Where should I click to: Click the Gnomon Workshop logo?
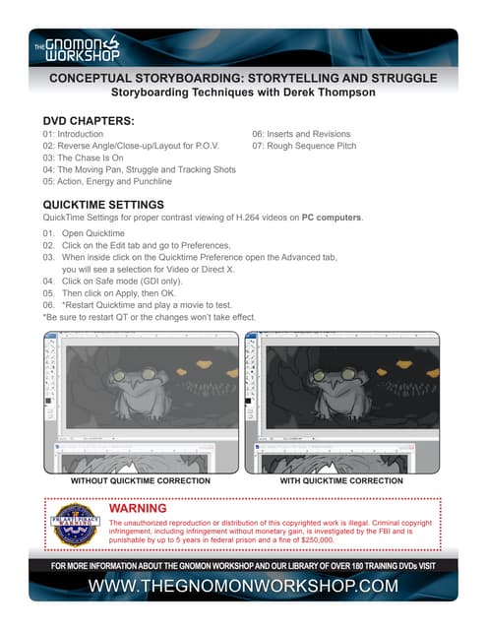pos(77,49)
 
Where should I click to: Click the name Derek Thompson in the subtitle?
pos(330,93)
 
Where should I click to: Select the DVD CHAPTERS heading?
pos(89,121)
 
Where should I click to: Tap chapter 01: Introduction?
pos(73,134)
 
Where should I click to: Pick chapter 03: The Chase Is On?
pos(83,157)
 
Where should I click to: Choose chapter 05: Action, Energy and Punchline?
pos(107,181)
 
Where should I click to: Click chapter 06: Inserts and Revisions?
pos(301,134)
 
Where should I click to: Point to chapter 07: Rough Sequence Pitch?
pos(304,146)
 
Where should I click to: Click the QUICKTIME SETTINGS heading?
pos(103,205)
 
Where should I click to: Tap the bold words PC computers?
pos(332,218)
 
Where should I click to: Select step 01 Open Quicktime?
pos(84,233)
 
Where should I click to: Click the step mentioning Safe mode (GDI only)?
pos(112,282)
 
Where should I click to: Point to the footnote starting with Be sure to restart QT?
pos(150,317)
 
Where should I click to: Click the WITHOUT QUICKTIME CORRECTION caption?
pos(141,481)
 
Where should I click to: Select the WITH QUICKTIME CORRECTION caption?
pos(341,481)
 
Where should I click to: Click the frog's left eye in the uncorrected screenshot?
pos(119,375)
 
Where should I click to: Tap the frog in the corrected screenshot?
pos(338,393)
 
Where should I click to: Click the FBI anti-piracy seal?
pos(75,525)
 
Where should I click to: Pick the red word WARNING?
pos(138,508)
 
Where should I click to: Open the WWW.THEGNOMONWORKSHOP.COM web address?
pos(243,586)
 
